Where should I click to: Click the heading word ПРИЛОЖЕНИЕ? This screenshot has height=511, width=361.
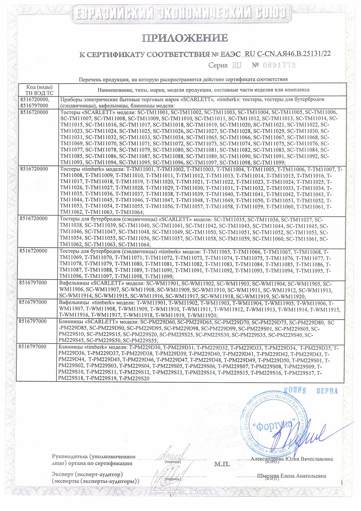coord(185,38)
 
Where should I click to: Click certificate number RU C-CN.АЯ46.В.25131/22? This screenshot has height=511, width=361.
coord(288,54)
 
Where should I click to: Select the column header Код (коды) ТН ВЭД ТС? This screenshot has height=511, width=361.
coord(40,90)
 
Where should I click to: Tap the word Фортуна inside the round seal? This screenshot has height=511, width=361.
coord(273,426)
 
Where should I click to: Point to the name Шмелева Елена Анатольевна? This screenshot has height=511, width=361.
coord(291,476)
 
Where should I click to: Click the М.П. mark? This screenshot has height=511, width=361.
coord(222,464)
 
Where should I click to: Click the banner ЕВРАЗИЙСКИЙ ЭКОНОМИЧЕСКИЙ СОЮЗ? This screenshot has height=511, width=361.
coord(180,13)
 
